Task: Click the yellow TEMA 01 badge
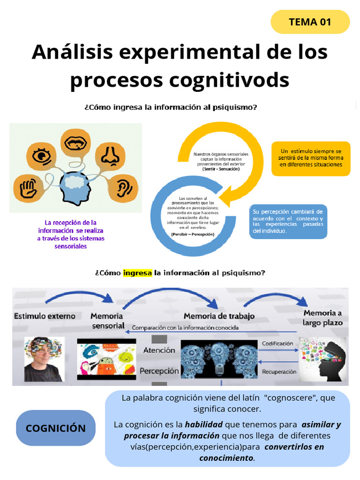click(310, 22)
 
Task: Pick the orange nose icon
click(110, 156)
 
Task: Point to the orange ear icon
click(123, 187)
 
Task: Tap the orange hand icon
click(28, 189)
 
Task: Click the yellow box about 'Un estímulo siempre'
click(311, 158)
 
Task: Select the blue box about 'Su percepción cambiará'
click(288, 221)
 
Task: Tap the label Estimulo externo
click(45, 316)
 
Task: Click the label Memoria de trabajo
click(219, 316)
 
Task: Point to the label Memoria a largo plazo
click(322, 317)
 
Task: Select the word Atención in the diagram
click(159, 350)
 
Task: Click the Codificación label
click(277, 344)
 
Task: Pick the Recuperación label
click(279, 372)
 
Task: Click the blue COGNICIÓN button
click(55, 428)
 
